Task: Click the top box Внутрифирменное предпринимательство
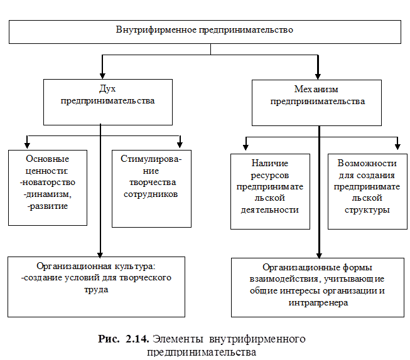[205, 30]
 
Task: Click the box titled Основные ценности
[48, 186]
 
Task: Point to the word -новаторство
[48, 183]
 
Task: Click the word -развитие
[48, 205]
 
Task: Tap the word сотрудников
[151, 194]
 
